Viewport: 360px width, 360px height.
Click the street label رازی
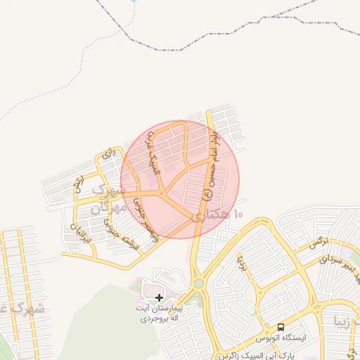[x=108, y=153]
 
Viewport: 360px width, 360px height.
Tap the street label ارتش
[x=78, y=184]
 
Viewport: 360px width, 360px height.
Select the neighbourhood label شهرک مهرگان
[x=110, y=200]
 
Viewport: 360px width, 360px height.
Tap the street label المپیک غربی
[x=152, y=159]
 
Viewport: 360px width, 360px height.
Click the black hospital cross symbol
[x=159, y=297]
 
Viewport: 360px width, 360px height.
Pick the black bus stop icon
[x=281, y=327]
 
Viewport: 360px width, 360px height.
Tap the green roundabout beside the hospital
[x=198, y=283]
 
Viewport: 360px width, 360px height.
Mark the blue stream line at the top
[x=133, y=10]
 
